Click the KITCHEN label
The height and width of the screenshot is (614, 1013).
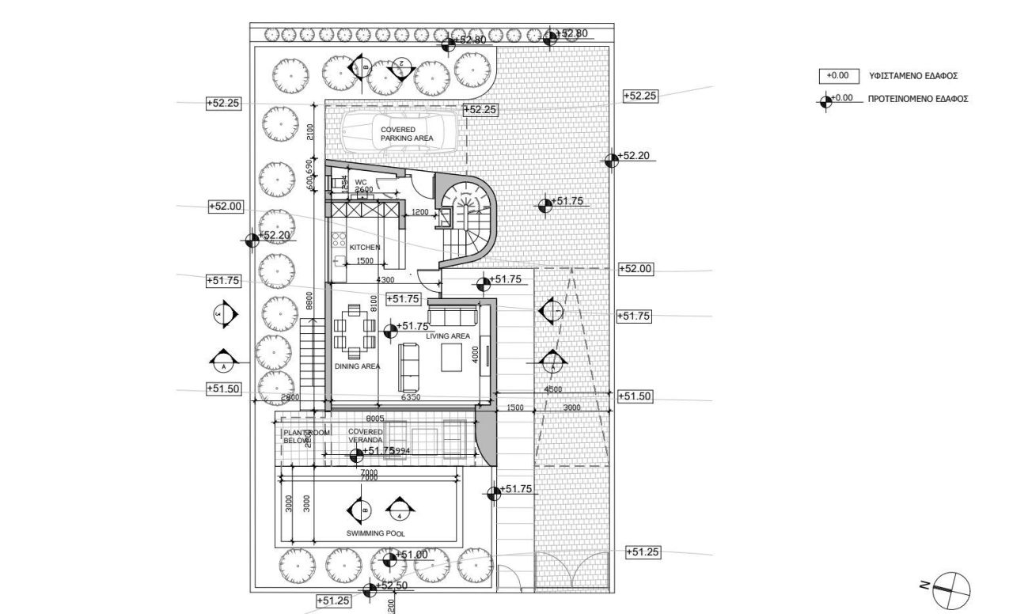(x=365, y=248)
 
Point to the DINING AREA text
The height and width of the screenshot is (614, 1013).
(x=356, y=366)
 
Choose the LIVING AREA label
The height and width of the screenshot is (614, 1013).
(x=448, y=336)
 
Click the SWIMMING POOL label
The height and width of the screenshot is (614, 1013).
(x=376, y=533)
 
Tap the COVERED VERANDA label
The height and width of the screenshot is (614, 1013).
(x=366, y=436)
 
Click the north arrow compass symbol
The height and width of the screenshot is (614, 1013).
(x=950, y=586)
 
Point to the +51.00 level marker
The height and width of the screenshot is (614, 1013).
(x=411, y=555)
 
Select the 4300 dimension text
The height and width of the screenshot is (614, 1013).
(x=385, y=280)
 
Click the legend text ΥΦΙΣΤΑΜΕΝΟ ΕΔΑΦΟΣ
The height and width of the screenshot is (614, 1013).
(x=913, y=76)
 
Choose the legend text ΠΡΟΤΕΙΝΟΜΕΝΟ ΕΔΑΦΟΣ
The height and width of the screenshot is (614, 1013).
(x=918, y=99)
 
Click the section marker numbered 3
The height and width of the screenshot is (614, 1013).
(x=224, y=314)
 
